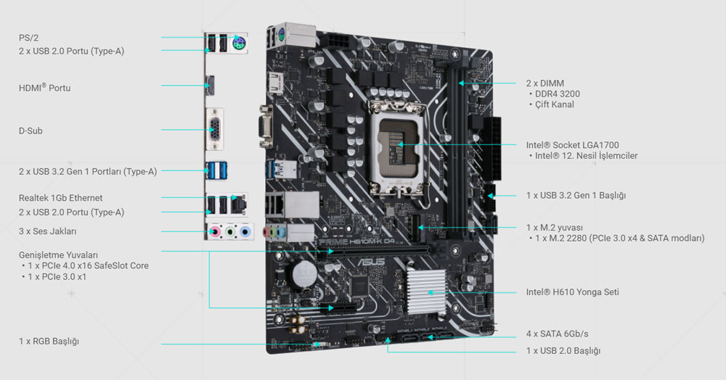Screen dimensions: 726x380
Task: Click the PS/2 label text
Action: [29, 38]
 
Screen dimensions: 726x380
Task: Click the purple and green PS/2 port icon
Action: [240, 44]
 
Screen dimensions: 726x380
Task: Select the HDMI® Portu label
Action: [44, 87]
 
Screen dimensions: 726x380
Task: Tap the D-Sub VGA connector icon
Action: [214, 129]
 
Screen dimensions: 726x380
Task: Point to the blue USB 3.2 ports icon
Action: [216, 170]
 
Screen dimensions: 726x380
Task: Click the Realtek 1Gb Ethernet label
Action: [61, 198]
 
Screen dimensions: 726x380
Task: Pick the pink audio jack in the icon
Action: [214, 231]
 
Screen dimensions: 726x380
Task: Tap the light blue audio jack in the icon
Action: [245, 231]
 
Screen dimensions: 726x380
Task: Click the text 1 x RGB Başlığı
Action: [49, 341]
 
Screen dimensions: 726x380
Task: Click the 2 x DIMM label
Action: [545, 83]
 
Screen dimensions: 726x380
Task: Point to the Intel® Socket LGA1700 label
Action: [572, 145]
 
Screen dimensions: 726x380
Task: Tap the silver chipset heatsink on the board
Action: [426, 292]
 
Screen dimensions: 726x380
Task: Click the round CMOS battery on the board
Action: [304, 273]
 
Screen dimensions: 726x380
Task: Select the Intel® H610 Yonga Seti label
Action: [572, 292]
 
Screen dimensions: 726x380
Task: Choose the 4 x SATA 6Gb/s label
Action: [557, 334]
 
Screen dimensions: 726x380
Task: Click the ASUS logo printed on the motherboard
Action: [371, 262]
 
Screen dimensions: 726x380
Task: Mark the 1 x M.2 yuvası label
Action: [554, 228]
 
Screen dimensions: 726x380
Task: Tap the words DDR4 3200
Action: [558, 94]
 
